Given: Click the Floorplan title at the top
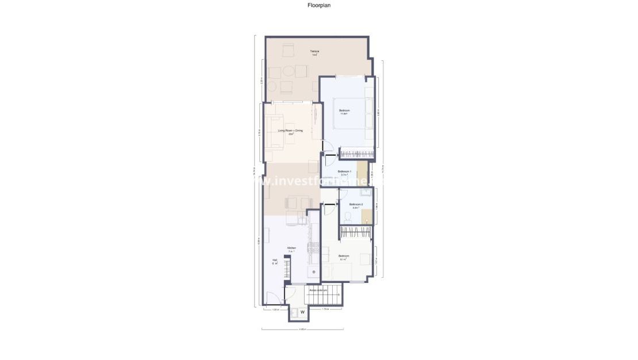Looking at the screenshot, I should (319, 5).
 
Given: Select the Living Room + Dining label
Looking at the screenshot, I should (290, 131).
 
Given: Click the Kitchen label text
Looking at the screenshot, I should (292, 248).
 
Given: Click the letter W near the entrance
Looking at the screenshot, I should (303, 312).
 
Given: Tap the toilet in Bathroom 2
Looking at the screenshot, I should (347, 217).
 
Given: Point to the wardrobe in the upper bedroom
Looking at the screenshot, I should (356, 153).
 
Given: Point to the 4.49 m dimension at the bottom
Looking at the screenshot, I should (302, 330).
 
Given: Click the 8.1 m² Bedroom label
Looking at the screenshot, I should (344, 256).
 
